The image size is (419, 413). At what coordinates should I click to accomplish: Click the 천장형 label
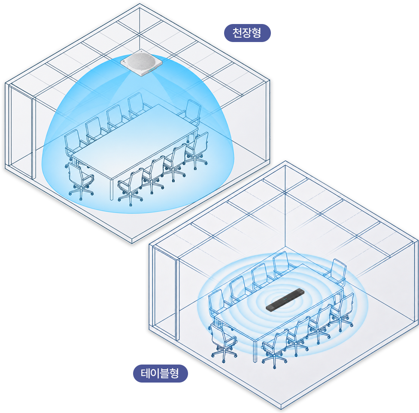pyautogui.click(x=247, y=33)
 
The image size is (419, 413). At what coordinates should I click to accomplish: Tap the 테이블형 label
pyautogui.click(x=160, y=373)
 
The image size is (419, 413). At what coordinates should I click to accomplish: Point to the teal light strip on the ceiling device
pyautogui.click(x=152, y=69)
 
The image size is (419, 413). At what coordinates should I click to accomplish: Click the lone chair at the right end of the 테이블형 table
pyautogui.click(x=335, y=273)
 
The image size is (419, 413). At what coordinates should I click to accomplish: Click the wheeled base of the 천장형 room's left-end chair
pyautogui.click(x=81, y=193)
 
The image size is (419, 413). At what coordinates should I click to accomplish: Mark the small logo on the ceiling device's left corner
pyautogui.click(x=124, y=62)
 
